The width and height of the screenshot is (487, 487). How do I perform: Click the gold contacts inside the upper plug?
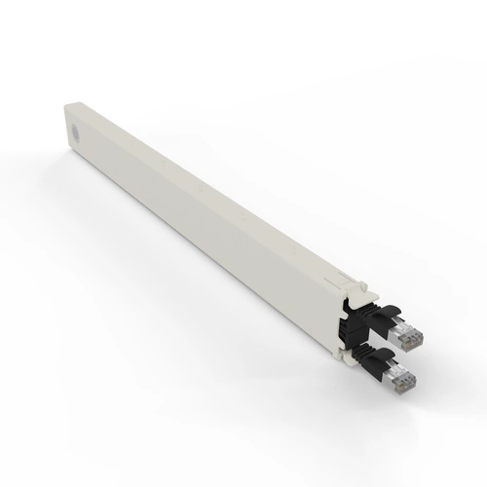click(x=408, y=332)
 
